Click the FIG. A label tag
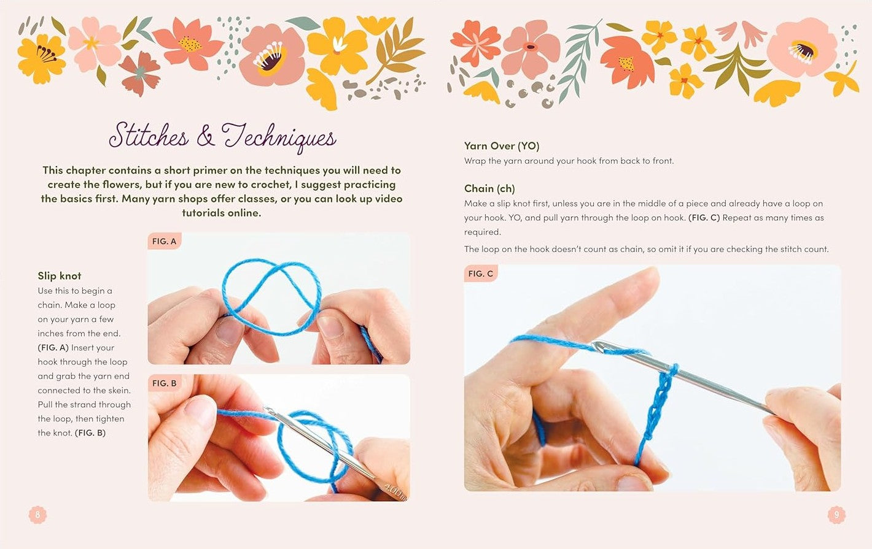(x=165, y=241)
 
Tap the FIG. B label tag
(x=165, y=383)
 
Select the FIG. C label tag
(x=480, y=274)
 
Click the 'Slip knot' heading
(x=60, y=275)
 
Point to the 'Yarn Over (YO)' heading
(x=502, y=146)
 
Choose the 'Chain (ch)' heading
(x=489, y=188)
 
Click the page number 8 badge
(x=37, y=515)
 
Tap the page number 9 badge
(x=836, y=515)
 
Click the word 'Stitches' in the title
(x=149, y=136)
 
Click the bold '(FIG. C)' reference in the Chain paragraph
(x=704, y=218)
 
